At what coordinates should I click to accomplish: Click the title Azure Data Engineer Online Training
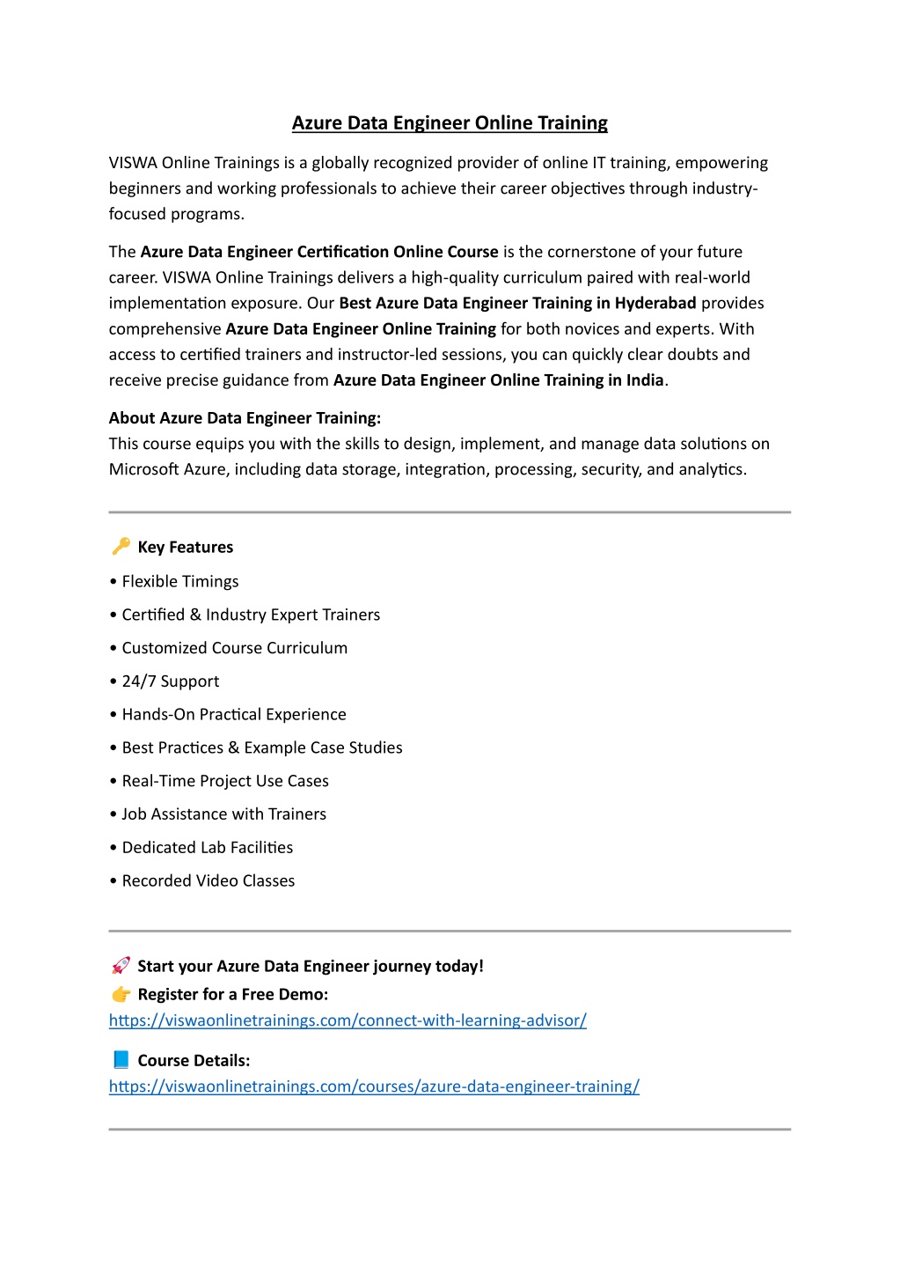click(450, 123)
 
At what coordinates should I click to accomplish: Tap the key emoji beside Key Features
click(121, 547)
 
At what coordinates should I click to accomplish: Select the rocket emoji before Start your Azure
click(121, 966)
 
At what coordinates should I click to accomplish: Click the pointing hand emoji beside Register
click(121, 994)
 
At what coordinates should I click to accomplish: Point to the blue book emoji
click(121, 1060)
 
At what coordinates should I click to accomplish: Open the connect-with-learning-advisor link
click(348, 1020)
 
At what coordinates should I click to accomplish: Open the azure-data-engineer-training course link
click(374, 1086)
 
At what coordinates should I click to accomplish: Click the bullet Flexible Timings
click(180, 582)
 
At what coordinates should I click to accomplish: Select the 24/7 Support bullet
click(171, 681)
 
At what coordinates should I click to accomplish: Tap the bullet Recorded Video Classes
click(209, 880)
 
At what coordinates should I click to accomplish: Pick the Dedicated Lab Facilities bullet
click(208, 848)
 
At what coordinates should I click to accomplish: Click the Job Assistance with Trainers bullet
click(224, 814)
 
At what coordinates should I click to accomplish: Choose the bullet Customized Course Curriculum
click(235, 648)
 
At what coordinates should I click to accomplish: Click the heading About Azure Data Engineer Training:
click(245, 418)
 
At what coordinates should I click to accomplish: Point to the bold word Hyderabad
click(655, 304)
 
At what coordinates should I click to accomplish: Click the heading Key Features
click(186, 548)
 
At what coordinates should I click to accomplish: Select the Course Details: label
click(194, 1061)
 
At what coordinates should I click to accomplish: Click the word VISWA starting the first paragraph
click(133, 163)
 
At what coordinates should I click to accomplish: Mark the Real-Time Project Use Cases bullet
click(225, 781)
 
